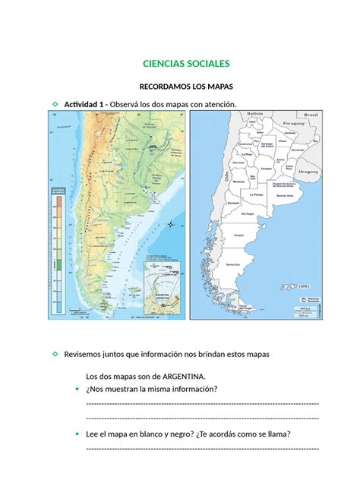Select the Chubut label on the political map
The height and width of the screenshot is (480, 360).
click(239, 235)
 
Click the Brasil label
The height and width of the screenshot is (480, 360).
click(311, 114)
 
